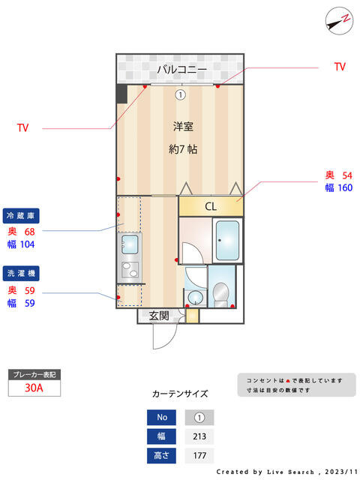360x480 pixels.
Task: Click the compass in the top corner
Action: (339, 21)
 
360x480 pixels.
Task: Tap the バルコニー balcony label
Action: (181, 69)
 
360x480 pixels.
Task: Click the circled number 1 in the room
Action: (180, 95)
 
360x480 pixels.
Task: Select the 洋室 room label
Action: (183, 126)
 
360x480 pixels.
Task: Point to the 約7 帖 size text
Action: (183, 149)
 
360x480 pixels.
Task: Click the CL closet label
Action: (211, 206)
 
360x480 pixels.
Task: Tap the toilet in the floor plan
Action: (220, 295)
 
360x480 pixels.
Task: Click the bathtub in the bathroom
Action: (227, 241)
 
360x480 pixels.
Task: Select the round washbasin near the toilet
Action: (194, 298)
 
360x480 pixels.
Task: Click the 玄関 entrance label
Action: (159, 316)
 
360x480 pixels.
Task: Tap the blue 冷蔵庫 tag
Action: (21, 216)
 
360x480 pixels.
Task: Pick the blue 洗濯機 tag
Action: (21, 273)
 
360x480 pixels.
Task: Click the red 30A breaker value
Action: (34, 388)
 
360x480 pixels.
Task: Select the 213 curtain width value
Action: (199, 436)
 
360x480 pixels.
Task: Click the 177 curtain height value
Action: (199, 455)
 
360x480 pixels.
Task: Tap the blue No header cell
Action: (162, 417)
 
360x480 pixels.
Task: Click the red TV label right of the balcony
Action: (340, 67)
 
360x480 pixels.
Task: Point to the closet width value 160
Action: (345, 187)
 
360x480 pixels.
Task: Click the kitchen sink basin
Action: (130, 244)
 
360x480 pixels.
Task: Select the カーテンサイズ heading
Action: (180, 394)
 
